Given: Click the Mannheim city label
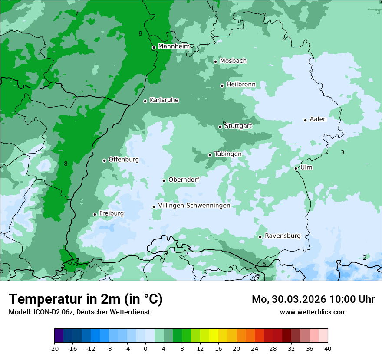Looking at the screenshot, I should (174, 46).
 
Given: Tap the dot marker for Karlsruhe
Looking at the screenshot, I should (145, 101).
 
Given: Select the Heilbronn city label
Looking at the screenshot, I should (241, 84).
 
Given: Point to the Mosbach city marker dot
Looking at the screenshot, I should (215, 62).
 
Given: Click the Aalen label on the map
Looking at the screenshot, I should (318, 119).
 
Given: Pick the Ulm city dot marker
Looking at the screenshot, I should (296, 168).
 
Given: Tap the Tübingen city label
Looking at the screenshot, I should (228, 154).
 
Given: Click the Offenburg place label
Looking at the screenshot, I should (124, 160).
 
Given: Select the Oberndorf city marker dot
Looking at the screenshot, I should (164, 180).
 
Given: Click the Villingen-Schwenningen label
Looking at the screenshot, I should (194, 206).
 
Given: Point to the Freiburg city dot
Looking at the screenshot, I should (95, 214).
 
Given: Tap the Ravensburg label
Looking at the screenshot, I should (283, 236).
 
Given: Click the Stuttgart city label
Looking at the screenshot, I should (238, 126).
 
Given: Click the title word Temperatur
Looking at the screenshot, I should (46, 299).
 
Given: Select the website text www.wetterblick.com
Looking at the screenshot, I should (313, 312).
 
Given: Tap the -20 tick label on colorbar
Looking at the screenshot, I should (54, 349).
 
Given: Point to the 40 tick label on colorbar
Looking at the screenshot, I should (327, 349).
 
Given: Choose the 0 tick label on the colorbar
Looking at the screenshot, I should (145, 349).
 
